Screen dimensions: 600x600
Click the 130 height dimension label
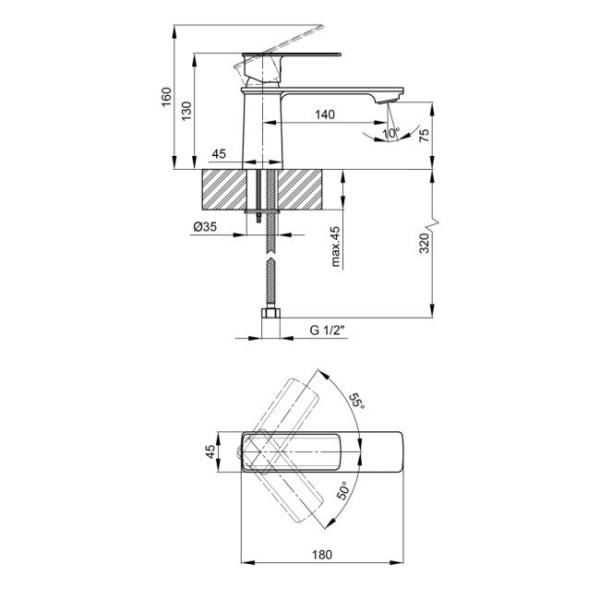pyautogui.click(x=186, y=112)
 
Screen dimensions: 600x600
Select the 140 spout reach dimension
pyautogui.click(x=323, y=114)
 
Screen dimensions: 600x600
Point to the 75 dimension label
pyautogui.click(x=424, y=134)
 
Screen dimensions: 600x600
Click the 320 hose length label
pyautogui.click(x=424, y=244)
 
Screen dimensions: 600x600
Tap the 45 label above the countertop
pyautogui.click(x=219, y=154)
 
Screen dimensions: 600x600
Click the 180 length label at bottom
pyautogui.click(x=322, y=555)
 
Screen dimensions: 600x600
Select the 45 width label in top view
pyautogui.click(x=210, y=451)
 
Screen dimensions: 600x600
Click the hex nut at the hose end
pyautogui.click(x=270, y=323)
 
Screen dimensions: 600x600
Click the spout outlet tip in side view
pyautogui.click(x=392, y=100)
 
